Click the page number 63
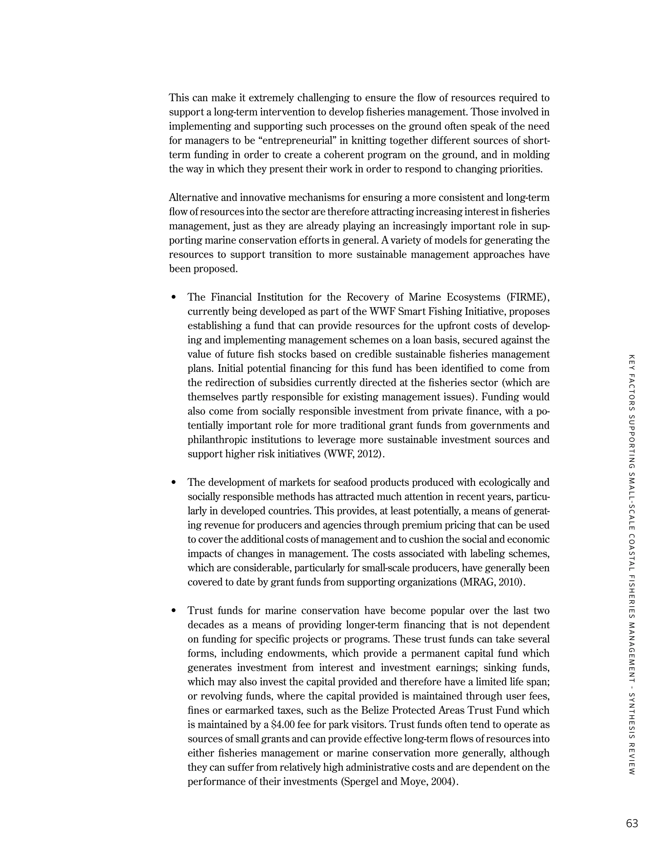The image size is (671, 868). pyautogui.click(x=632, y=823)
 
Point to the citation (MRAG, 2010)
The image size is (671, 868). pyautogui.click(x=492, y=582)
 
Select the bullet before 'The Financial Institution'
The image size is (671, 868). pyautogui.click(x=173, y=297)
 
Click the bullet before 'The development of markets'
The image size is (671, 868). pyautogui.click(x=173, y=482)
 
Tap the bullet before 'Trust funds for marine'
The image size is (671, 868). pyautogui.click(x=173, y=611)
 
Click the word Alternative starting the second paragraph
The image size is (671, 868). pyautogui.click(x=194, y=198)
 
